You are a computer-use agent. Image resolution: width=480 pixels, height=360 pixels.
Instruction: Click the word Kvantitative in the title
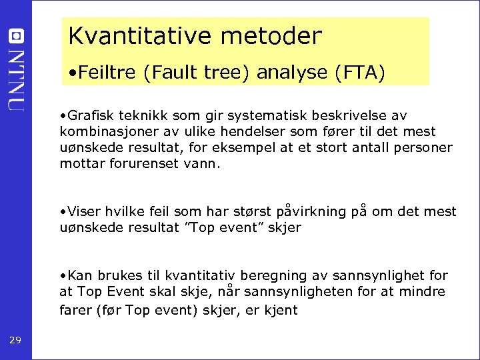(134, 37)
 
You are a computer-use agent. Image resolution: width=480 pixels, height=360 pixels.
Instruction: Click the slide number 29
(15, 341)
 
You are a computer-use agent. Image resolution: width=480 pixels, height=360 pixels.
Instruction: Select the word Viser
(81, 212)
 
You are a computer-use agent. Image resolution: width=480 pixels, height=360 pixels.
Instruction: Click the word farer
(74, 311)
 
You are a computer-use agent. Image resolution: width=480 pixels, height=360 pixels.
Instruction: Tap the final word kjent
(281, 311)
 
